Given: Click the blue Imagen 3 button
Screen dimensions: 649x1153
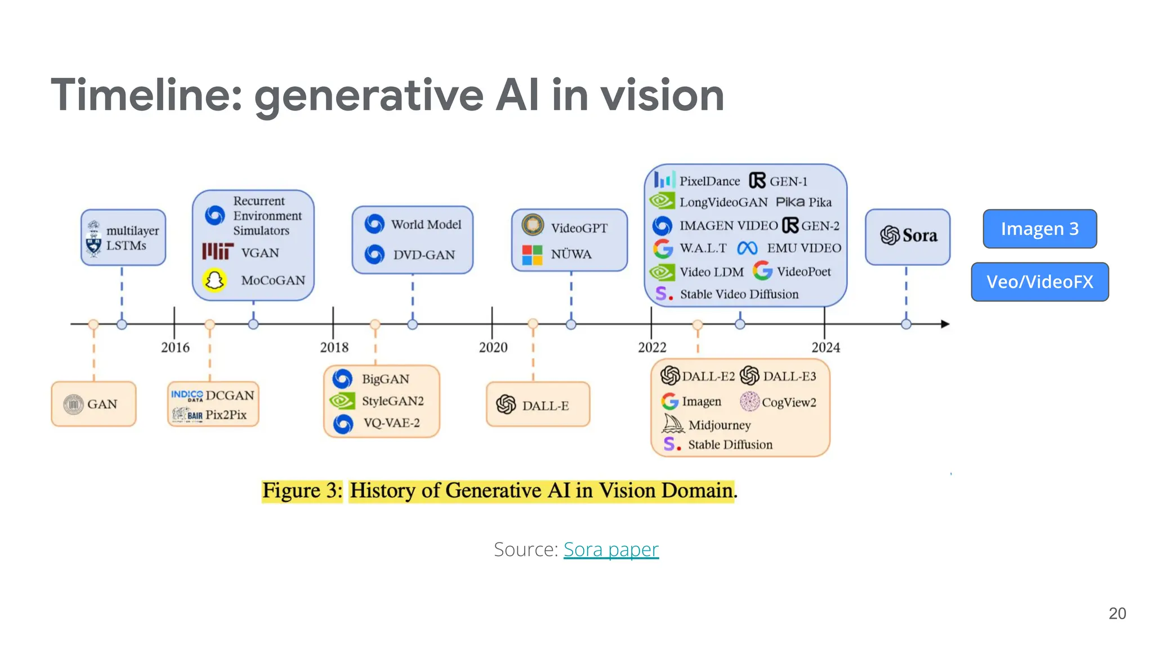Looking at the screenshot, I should click(1039, 229).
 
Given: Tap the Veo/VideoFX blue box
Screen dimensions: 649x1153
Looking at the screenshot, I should click(1039, 282).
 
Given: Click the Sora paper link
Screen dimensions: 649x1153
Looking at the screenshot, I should click(611, 549).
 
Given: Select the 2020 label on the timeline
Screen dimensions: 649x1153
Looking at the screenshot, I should click(493, 347).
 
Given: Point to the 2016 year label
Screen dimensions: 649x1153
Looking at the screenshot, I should click(175, 347).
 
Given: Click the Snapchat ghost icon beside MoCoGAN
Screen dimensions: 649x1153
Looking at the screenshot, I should click(214, 280).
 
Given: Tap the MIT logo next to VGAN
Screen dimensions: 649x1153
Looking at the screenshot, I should click(217, 251).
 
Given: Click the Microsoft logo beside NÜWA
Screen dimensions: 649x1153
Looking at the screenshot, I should click(532, 255).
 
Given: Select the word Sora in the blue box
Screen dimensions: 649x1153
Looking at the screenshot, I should click(920, 235).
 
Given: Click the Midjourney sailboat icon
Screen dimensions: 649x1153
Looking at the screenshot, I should click(673, 424).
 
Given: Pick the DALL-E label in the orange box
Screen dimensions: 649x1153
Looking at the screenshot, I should click(545, 406).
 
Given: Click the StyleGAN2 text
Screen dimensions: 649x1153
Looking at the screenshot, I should click(392, 401).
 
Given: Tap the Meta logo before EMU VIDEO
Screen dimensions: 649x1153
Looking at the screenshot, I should click(747, 248).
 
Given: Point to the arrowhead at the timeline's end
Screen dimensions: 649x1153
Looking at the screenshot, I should click(945, 324).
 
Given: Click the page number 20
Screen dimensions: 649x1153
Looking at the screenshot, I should click(1117, 614).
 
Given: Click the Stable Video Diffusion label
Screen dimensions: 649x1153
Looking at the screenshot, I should click(739, 294).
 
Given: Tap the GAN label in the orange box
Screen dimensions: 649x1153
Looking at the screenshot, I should click(102, 404).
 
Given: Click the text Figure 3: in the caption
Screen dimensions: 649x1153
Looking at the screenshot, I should click(302, 490).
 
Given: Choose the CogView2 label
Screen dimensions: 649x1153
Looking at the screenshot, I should click(789, 402).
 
